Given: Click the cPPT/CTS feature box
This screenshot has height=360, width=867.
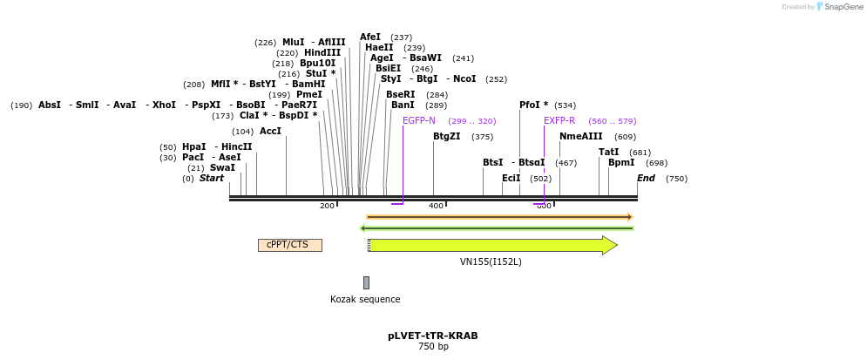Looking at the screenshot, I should point(289,245).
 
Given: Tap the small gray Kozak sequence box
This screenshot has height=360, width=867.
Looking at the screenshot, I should point(366,282).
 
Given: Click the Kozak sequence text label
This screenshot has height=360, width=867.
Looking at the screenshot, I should point(365,299).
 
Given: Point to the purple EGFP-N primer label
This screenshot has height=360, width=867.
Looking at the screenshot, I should point(419,121).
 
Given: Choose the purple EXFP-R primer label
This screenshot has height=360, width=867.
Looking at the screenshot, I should point(559,121).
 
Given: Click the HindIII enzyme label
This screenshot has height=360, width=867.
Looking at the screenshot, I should point(322,53).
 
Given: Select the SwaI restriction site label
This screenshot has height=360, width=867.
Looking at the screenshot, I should point(222,167).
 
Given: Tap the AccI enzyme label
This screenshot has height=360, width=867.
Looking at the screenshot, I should point(270,132).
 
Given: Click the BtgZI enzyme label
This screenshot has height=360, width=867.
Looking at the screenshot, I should point(447,137).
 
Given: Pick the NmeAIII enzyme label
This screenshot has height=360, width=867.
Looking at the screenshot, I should point(581,137).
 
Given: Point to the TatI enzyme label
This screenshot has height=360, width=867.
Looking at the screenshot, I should point(608,153).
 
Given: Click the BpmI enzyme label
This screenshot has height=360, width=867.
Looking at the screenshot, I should point(621,163).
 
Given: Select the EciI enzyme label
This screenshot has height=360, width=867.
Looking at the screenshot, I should point(511,179).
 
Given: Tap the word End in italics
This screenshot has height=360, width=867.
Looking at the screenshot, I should point(646,179).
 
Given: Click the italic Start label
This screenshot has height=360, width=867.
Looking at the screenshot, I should point(212,179).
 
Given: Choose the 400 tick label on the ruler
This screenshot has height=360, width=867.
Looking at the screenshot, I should point(436,206).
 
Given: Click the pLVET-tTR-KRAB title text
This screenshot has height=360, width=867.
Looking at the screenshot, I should point(433,336).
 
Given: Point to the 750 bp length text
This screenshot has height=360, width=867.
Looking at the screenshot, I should point(433,347).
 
